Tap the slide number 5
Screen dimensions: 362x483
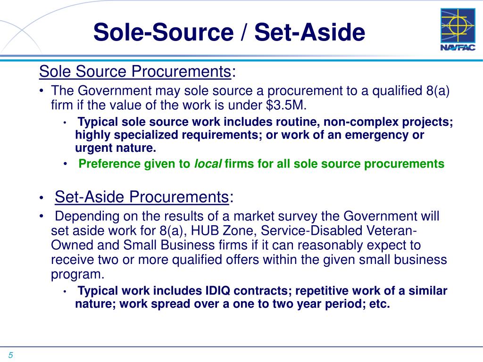tap(9, 355)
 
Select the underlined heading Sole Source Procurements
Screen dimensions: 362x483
tap(134, 72)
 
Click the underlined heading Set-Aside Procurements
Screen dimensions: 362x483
tap(142, 197)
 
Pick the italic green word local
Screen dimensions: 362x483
tap(208, 164)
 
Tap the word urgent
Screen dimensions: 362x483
tap(92, 148)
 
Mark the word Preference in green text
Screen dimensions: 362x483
tap(107, 164)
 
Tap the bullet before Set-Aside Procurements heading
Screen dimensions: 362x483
tap(42, 197)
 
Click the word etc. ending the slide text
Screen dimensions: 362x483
tap(380, 304)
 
